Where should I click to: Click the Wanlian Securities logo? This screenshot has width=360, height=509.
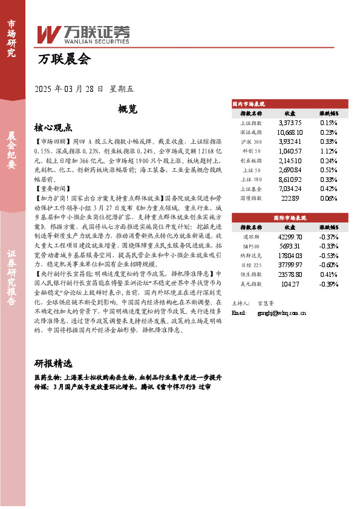click(83, 33)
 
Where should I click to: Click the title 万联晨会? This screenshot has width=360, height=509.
click(64, 59)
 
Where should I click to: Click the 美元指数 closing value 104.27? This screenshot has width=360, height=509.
click(290, 284)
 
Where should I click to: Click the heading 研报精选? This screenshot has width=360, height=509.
click(53, 363)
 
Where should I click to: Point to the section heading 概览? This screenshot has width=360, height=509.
click(128, 109)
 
